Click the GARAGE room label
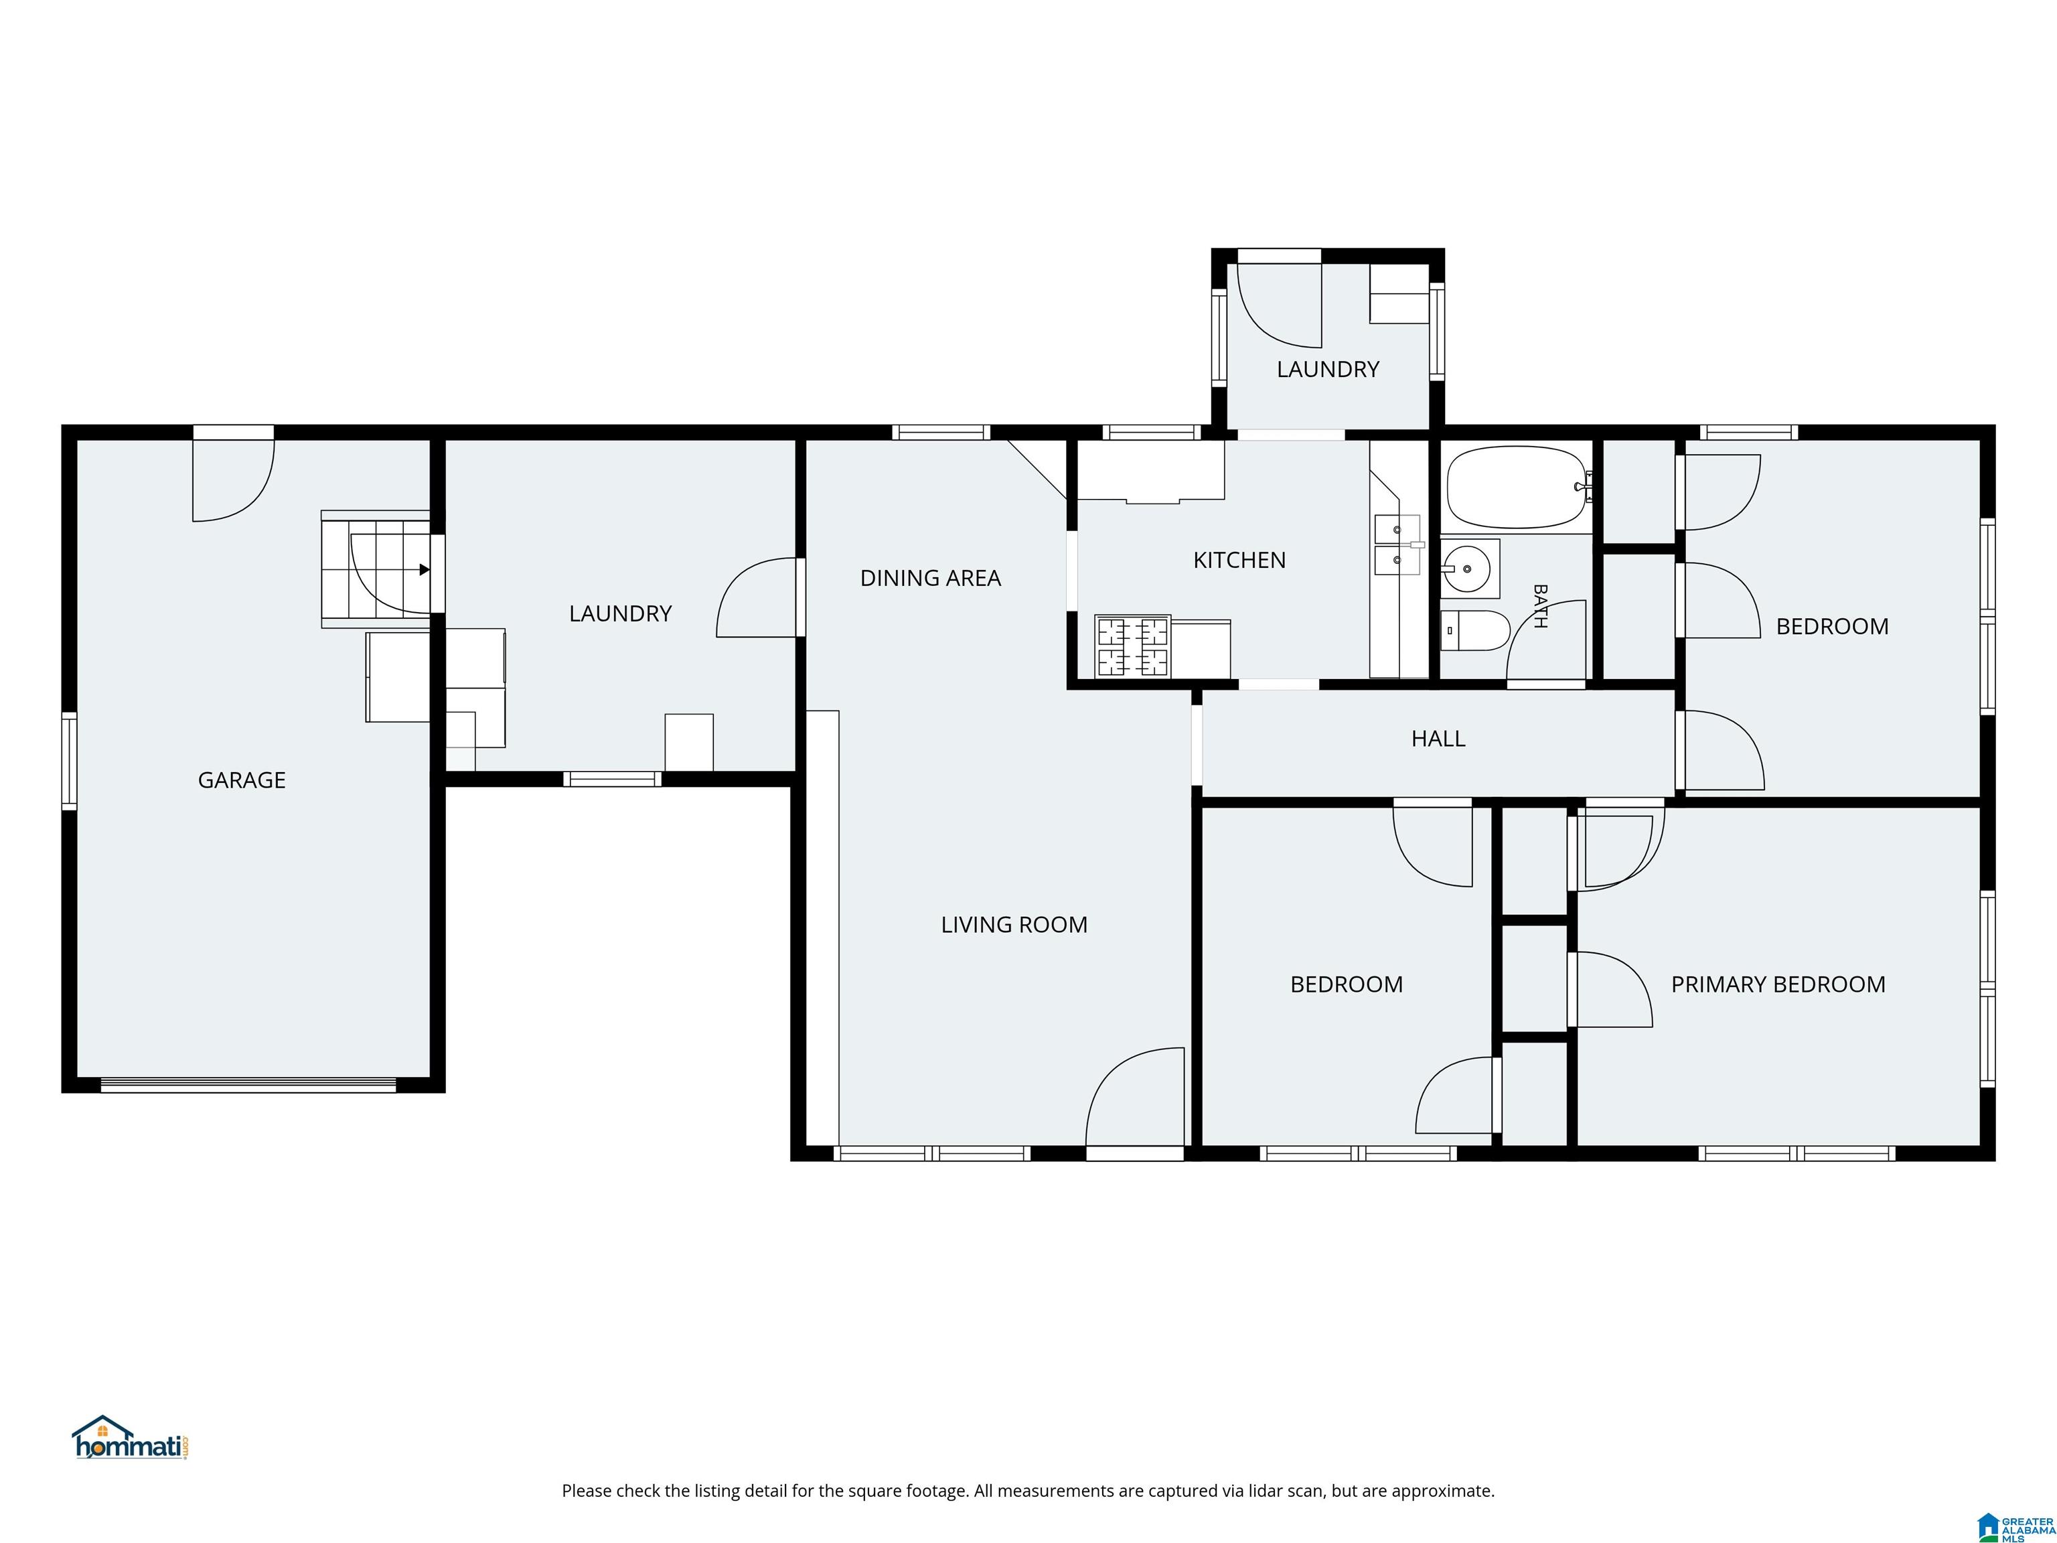[x=242, y=780]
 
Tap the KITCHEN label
[x=1239, y=560]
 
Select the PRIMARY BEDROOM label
[x=1778, y=984]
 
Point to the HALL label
[x=1438, y=739]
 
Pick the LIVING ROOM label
[x=1014, y=924]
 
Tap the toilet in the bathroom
[x=1474, y=631]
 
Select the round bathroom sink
[x=1466, y=567]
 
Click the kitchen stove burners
[x=1133, y=646]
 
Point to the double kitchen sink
[x=1397, y=545]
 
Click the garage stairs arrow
[x=424, y=570]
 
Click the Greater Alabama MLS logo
[x=2015, y=1526]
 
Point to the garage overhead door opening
[x=248, y=1084]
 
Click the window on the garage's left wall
[x=69, y=760]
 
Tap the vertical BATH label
[x=1540, y=606]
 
